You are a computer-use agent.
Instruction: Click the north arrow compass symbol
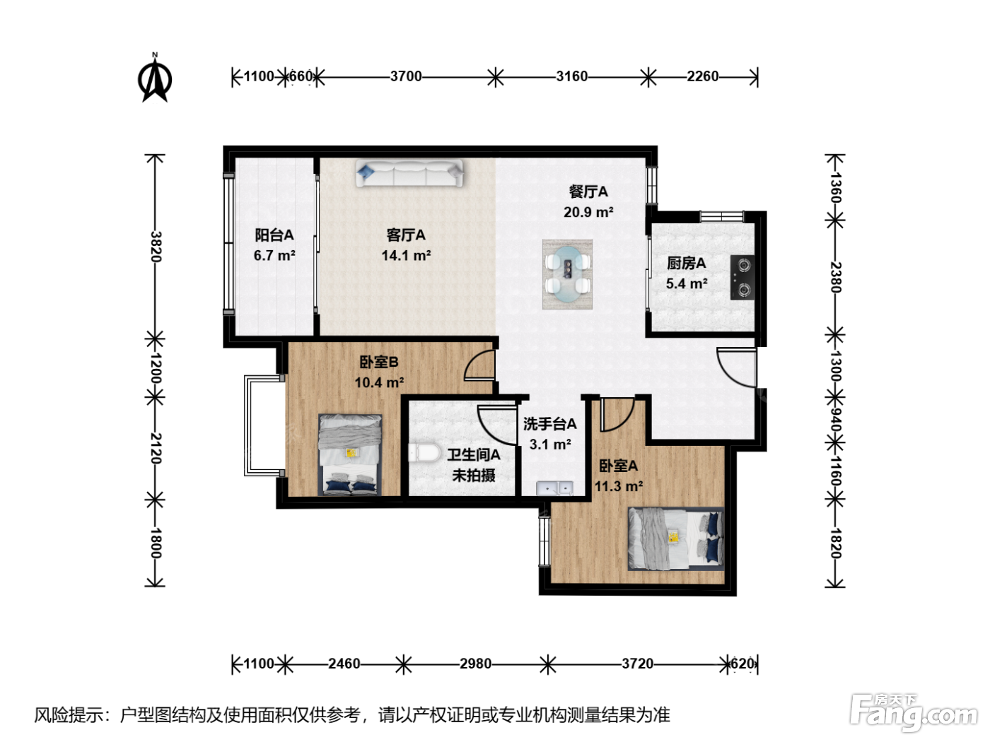[155, 79]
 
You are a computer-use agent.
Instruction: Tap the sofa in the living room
[409, 173]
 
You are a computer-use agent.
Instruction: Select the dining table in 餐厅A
[567, 274]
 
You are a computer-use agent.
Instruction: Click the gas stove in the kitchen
[742, 278]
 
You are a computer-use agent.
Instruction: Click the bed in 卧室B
[350, 454]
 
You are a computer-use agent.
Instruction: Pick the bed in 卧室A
[676, 538]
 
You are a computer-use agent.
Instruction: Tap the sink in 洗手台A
[554, 488]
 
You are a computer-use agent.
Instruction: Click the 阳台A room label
[274, 235]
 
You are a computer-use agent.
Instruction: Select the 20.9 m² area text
[588, 212]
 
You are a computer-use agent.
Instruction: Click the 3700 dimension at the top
[406, 76]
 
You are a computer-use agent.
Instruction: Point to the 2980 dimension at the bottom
[475, 664]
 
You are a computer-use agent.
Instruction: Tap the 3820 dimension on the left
[156, 247]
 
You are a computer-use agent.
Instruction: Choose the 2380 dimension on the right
[835, 277]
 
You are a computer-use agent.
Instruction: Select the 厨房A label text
[687, 263]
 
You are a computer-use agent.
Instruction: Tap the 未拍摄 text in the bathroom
[474, 476]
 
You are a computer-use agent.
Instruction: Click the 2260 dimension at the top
[703, 76]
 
